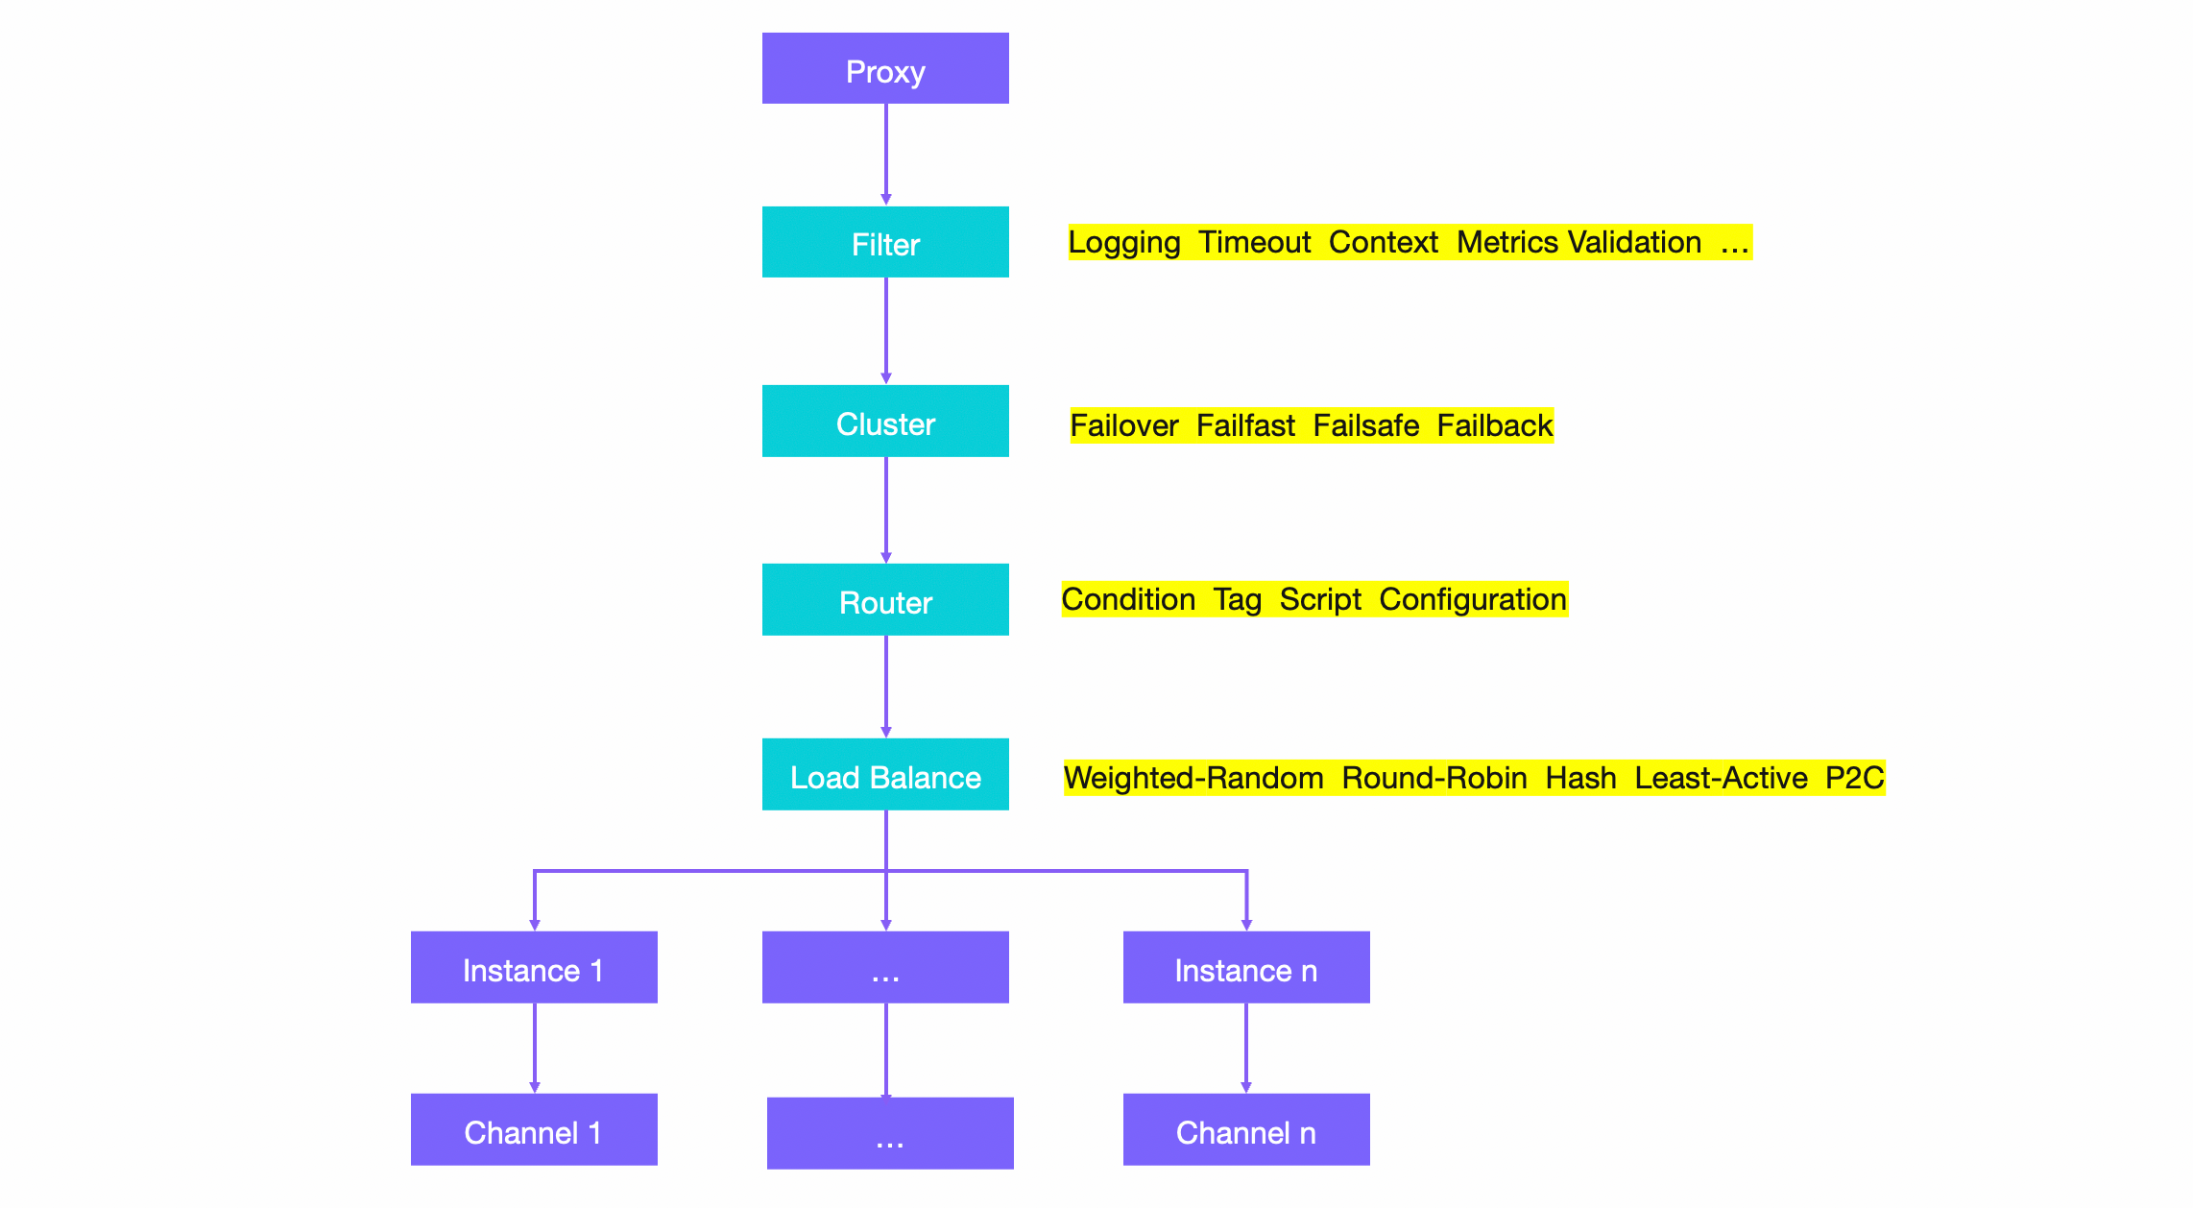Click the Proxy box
(x=885, y=69)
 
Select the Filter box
(x=885, y=243)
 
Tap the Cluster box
(x=885, y=422)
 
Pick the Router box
(x=885, y=600)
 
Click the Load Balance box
(x=885, y=775)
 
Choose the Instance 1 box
(x=534, y=968)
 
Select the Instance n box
(x=1246, y=968)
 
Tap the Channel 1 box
(x=534, y=1130)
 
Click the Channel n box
(x=1246, y=1130)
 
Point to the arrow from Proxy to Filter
(x=885, y=154)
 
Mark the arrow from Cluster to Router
(x=885, y=509)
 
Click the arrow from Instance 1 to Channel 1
(x=535, y=1047)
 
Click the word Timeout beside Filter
(x=1254, y=242)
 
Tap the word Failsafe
(x=1365, y=425)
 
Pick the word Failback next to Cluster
(x=1494, y=425)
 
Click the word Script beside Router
(x=1320, y=599)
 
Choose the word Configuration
(x=1473, y=599)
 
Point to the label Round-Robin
(x=1434, y=778)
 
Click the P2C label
(x=1854, y=778)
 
